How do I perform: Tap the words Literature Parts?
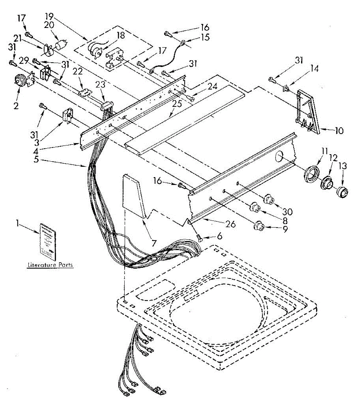50,265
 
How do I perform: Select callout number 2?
16,106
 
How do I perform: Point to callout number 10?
339,130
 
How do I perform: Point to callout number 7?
154,242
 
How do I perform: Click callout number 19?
49,15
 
